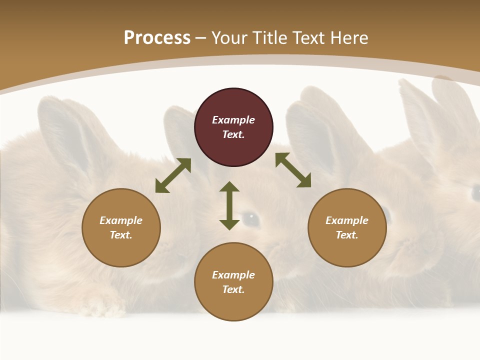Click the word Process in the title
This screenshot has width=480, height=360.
tap(157, 38)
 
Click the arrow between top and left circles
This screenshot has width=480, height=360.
tap(173, 175)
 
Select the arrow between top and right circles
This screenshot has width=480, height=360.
tap(293, 170)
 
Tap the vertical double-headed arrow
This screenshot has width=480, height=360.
tap(229, 205)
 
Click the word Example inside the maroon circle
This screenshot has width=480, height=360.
tap(233, 120)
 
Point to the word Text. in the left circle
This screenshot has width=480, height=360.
tap(121, 235)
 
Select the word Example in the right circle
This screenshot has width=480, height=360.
tap(347, 220)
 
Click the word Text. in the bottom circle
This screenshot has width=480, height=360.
tap(233, 289)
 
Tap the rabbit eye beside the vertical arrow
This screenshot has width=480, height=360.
tap(251, 218)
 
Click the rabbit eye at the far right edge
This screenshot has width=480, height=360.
tap(475, 192)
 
